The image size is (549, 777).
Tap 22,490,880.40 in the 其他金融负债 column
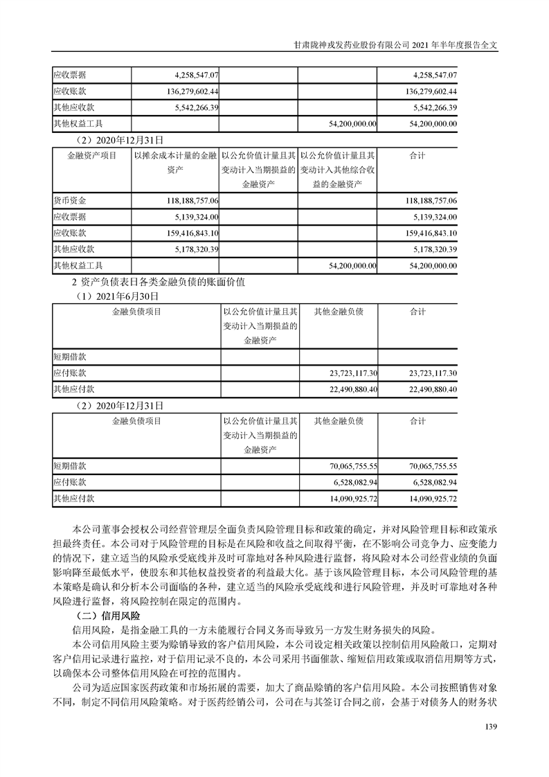343,390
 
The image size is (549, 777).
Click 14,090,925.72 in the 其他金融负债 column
343,499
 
